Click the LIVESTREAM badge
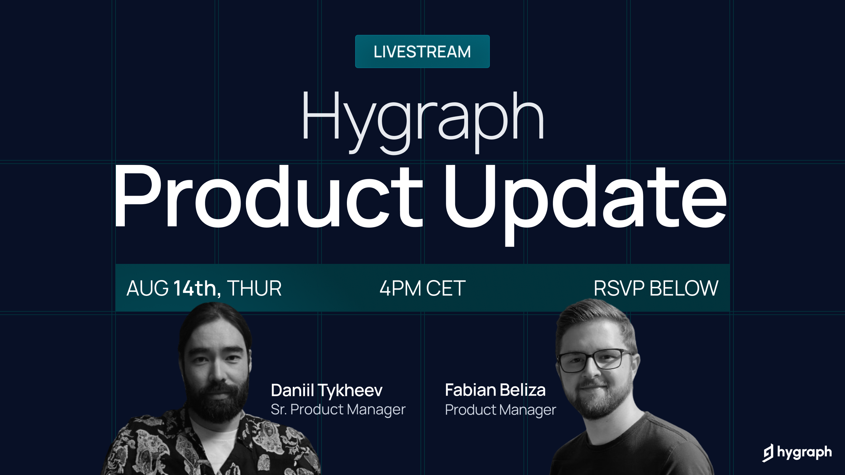[422, 51]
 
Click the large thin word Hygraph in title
[422, 119]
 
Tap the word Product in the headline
[267, 198]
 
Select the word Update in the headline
[584, 198]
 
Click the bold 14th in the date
[195, 288]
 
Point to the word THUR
[254, 288]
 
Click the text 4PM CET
[422, 288]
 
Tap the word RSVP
[619, 288]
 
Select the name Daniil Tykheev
[326, 390]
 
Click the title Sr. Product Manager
[338, 409]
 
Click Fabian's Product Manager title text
[500, 410]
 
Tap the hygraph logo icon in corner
[768, 453]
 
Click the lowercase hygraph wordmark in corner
[804, 452]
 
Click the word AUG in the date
[148, 288]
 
